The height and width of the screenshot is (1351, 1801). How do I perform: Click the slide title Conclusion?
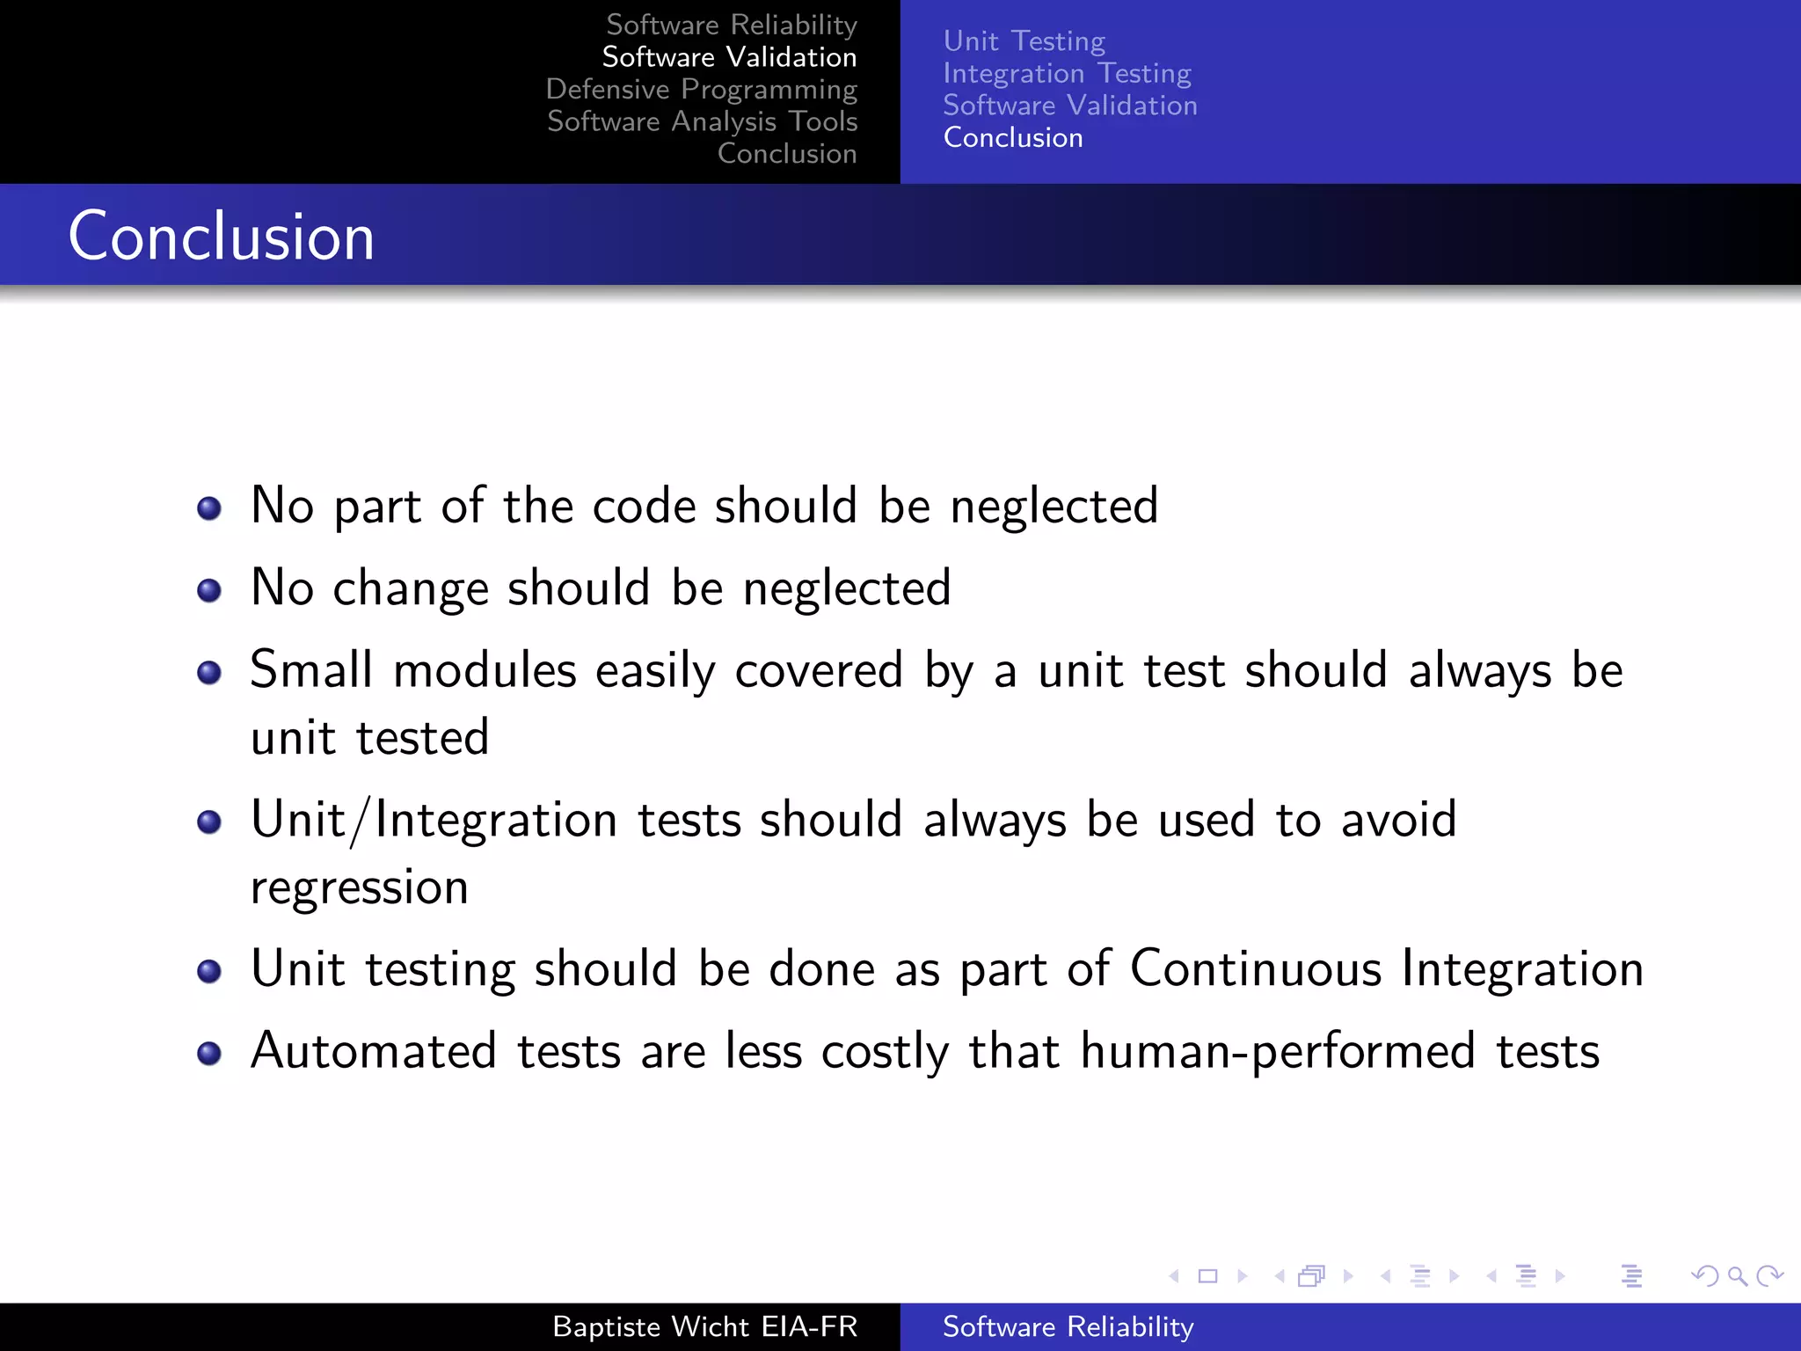[x=222, y=237]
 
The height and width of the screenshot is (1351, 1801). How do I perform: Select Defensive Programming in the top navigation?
[x=701, y=89]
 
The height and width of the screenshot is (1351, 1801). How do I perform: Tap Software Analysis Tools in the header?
[x=702, y=121]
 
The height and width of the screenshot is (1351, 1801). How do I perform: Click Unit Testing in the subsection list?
[x=1024, y=40]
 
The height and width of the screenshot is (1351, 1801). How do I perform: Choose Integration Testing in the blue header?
[x=1067, y=73]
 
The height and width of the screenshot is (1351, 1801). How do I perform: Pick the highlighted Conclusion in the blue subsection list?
[x=1013, y=137]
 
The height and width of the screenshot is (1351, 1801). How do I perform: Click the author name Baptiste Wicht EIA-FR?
[x=704, y=1326]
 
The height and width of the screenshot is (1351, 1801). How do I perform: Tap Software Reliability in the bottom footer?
[x=1068, y=1326]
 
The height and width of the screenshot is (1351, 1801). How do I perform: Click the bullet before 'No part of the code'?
[x=209, y=508]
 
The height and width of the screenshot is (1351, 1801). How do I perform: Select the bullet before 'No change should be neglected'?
[x=209, y=590]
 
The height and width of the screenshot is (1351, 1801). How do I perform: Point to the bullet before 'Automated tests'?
[x=209, y=1053]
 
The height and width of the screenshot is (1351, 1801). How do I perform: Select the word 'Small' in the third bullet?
[x=311, y=670]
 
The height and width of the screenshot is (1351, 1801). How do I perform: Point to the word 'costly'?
[x=885, y=1052]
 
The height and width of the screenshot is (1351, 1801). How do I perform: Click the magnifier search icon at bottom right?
[x=1737, y=1276]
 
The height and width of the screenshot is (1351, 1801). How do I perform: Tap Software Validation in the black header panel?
[x=729, y=57]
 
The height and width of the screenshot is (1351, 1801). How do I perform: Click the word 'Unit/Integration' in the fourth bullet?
[x=434, y=821]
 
